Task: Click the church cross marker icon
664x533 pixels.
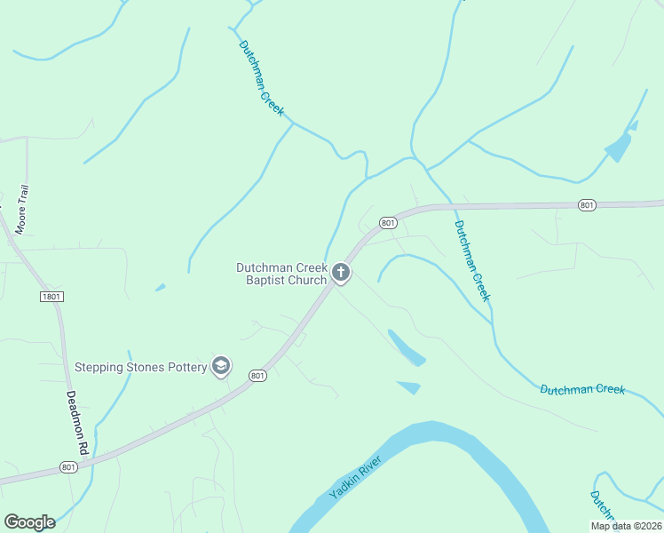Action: pos(341,273)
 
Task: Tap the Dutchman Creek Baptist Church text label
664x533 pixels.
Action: pos(281,274)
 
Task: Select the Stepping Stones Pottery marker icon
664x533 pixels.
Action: pos(221,366)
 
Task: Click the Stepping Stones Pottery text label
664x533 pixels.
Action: pos(140,367)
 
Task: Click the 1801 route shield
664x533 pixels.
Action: pos(51,296)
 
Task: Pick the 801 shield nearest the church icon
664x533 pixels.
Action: pos(387,222)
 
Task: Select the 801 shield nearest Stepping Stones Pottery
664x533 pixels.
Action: pos(257,376)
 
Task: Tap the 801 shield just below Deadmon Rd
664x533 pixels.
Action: pos(68,466)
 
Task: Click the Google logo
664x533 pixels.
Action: pos(29,522)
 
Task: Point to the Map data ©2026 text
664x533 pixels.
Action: pos(625,526)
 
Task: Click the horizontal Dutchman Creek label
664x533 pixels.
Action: pos(582,389)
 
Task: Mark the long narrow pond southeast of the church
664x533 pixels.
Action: pos(406,347)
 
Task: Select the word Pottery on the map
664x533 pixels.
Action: pos(183,367)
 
